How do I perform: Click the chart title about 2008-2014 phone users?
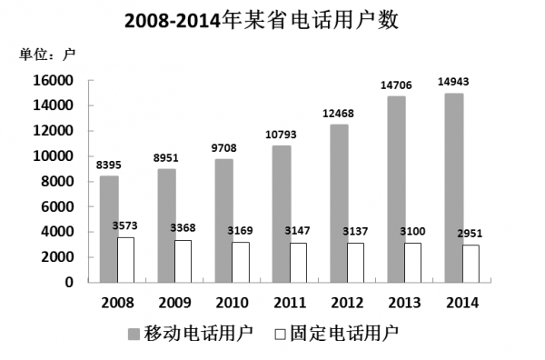pyautogui.click(x=272, y=20)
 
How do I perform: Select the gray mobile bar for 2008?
pyautogui.click(x=109, y=229)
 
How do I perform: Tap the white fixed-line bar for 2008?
pyautogui.click(x=126, y=259)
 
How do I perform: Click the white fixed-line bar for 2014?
pyautogui.click(x=470, y=264)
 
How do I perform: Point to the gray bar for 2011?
pyautogui.click(x=281, y=214)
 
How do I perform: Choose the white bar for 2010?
pyautogui.click(x=241, y=262)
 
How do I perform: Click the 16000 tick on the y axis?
pyautogui.click(x=54, y=80)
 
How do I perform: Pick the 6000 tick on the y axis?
pyautogui.click(x=57, y=206)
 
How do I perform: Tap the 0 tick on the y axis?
pyautogui.click(x=69, y=282)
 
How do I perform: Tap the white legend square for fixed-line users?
pyautogui.click(x=282, y=332)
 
